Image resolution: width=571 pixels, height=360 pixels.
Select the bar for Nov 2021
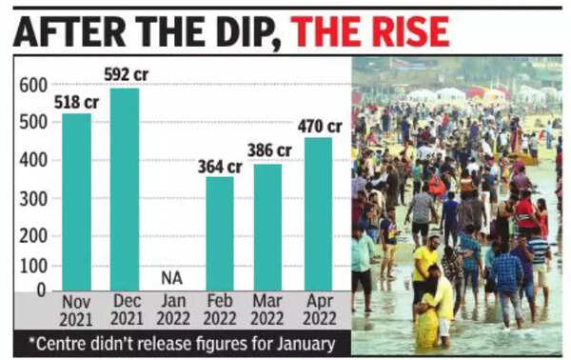(76, 202)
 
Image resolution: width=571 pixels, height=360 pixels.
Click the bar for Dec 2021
(125, 189)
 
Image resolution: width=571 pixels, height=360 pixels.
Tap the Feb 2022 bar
(220, 233)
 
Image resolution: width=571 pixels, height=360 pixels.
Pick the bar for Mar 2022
(267, 227)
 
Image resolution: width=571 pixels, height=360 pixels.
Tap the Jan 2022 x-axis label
(171, 311)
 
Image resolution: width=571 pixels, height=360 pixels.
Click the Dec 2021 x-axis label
(125, 311)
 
